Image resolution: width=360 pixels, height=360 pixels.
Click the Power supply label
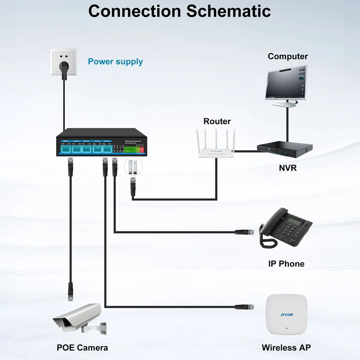pos(115,62)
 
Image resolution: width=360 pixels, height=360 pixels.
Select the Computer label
pos(288,56)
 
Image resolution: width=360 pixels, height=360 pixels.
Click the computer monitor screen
pos(285,83)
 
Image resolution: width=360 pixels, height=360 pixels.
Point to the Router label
pos(217,121)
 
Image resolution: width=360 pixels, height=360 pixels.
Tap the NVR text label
pos(288,168)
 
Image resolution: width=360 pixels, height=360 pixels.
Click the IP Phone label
pos(286,264)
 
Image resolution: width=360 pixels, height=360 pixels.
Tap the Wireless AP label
pos(286,347)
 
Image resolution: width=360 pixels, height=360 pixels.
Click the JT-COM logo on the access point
pos(286,315)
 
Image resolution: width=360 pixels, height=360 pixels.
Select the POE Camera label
pos(82,347)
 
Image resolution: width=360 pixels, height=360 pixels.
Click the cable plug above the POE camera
pos(70,291)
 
